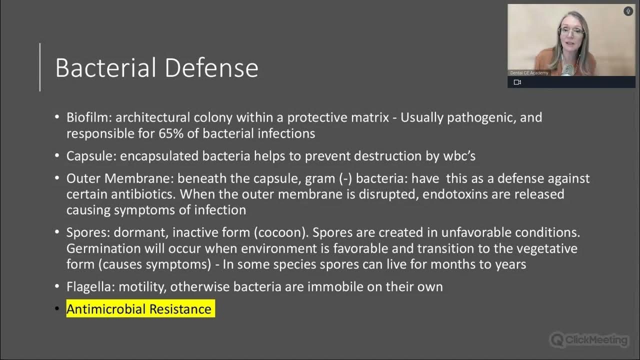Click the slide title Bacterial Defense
156,68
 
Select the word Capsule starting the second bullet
91,156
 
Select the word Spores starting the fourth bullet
87,232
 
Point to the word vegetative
546,248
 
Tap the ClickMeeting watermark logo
589,340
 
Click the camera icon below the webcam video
517,82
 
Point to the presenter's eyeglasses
571,31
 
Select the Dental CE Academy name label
529,73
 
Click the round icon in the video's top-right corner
628,11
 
